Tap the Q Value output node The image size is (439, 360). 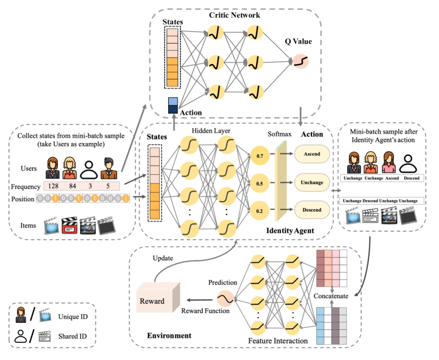tap(300, 61)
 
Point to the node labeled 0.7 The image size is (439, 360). tap(259, 156)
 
